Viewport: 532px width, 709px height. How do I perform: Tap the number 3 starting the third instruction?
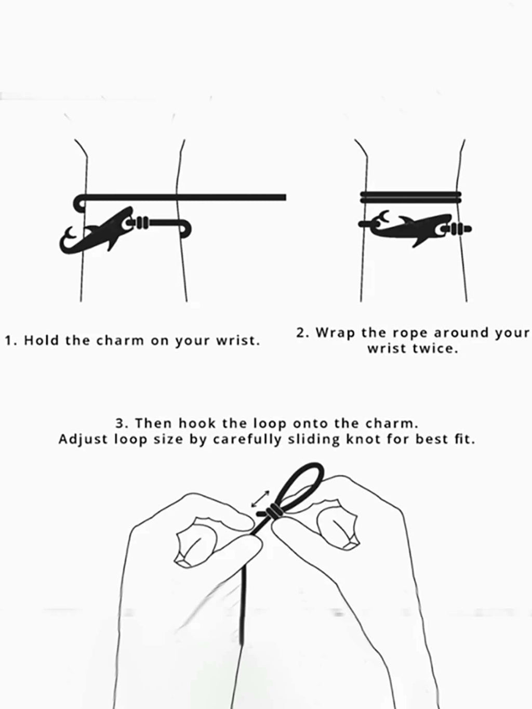coord(120,424)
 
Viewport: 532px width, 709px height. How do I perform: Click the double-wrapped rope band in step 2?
coord(410,198)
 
